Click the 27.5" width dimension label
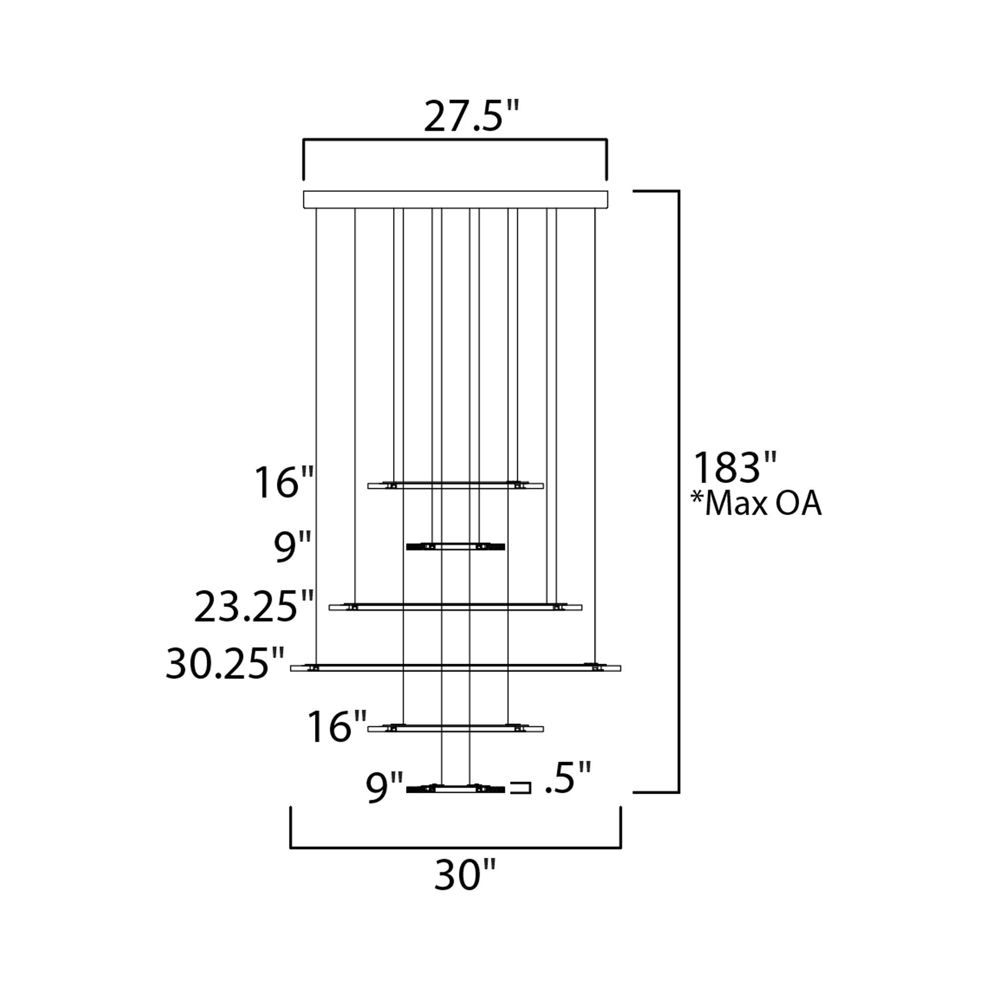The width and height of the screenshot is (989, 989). pos(471,117)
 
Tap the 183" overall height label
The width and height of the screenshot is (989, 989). pos(735,467)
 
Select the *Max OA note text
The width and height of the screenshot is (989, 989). pos(757,504)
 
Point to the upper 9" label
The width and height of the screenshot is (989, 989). pos(292,547)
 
